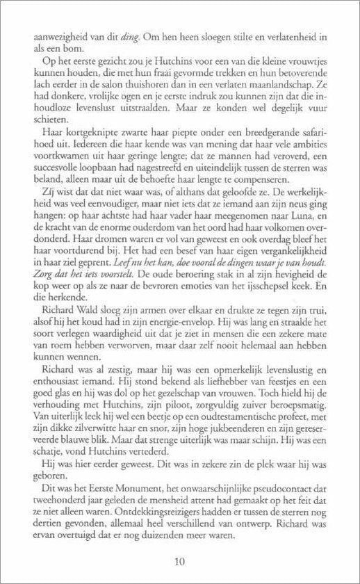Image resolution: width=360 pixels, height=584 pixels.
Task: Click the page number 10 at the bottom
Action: [x=180, y=561]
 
